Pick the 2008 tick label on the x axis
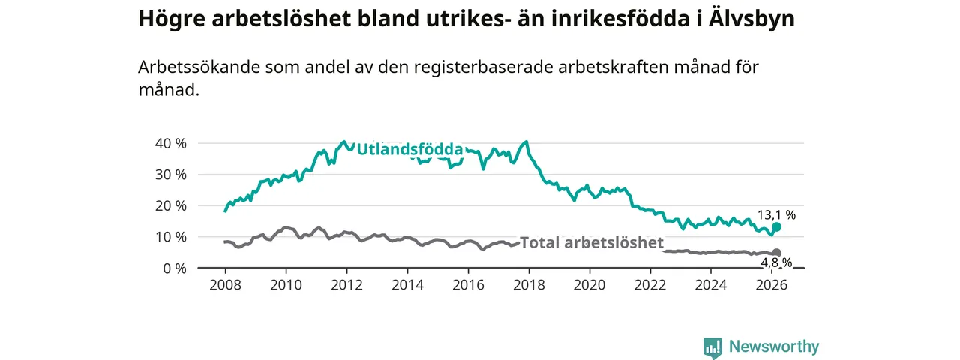pos(225,285)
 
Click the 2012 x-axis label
pos(346,285)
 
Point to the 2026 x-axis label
pos(772,285)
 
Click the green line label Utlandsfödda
pos(409,150)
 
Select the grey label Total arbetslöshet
pos(592,242)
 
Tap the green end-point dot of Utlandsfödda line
pos(777,226)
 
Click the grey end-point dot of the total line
pos(777,253)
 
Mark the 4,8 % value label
pos(776,262)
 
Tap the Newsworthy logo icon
pos(712,347)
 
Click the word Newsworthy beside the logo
pos(774,346)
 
